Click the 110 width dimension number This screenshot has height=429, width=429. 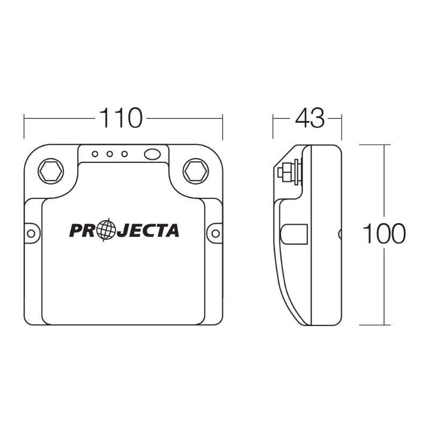pos(121,119)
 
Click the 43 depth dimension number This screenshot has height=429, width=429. pos(309,119)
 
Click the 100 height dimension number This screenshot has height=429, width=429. pos(384,234)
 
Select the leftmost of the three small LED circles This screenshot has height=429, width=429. pos(95,154)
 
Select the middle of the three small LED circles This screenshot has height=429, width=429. pos(109,154)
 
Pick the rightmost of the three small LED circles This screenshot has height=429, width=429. pos(124,154)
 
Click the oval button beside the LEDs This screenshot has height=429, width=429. pos(152,154)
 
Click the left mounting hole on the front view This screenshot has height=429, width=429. pos(31,233)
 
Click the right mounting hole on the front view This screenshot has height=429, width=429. pos(215,233)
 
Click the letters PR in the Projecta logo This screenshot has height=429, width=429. pos(84,230)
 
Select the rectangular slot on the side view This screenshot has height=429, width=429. pos(294,234)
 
